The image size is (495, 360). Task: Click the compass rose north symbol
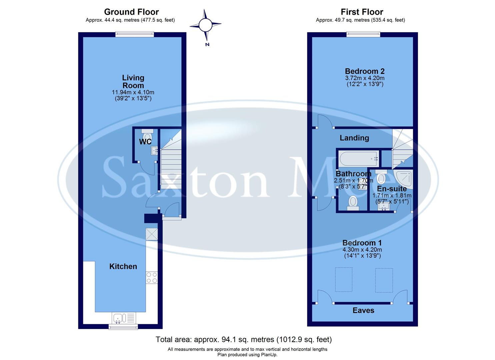point(205,25)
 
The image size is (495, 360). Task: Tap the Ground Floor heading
point(131,12)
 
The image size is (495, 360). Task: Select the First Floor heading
point(362,12)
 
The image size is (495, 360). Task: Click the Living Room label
point(133,81)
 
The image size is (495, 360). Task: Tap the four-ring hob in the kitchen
point(152,278)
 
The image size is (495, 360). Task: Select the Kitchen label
point(123,266)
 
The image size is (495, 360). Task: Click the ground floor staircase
point(171,167)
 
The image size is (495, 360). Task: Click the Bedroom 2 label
point(364,71)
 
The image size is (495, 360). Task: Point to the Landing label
point(354,138)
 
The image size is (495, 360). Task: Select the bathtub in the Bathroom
point(358,159)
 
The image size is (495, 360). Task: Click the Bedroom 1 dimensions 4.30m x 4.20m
point(362,250)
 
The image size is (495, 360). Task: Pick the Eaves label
point(363,310)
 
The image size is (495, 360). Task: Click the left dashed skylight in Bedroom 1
point(343,279)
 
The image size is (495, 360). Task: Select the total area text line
point(244,340)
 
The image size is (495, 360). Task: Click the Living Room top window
point(135,34)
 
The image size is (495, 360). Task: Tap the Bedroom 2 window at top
point(363,34)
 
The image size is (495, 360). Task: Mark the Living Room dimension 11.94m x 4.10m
point(133,92)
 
